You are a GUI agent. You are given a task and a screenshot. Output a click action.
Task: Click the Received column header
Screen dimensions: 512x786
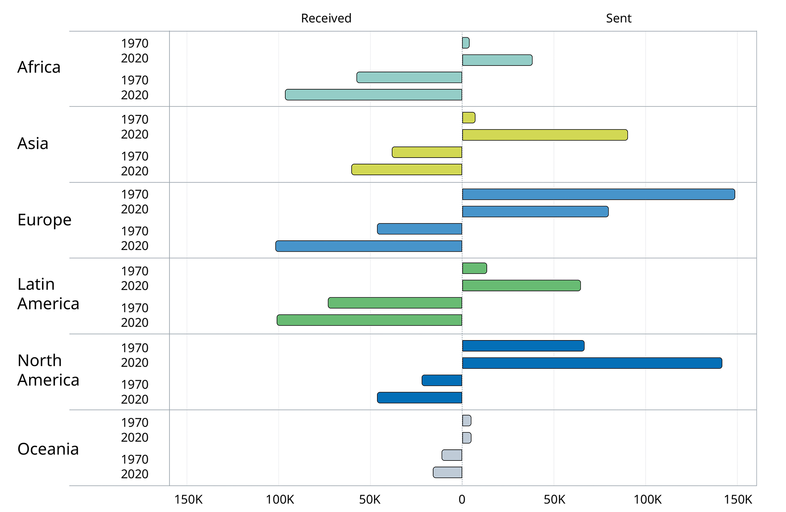click(326, 18)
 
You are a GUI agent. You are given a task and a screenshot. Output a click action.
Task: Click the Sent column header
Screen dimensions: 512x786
click(618, 18)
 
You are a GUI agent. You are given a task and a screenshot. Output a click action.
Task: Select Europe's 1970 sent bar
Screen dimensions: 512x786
click(598, 194)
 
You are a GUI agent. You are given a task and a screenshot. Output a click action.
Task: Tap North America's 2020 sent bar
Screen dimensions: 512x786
click(592, 363)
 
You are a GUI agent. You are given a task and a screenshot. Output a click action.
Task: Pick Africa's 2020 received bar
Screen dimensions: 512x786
click(373, 95)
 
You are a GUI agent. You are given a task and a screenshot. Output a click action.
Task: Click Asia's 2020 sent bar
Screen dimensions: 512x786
click(544, 135)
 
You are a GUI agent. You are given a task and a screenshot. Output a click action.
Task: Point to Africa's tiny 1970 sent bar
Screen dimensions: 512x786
click(466, 43)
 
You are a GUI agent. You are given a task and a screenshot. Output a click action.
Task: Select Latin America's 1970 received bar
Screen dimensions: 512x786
click(395, 303)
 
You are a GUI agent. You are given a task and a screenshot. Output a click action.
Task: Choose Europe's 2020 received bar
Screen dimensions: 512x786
click(368, 246)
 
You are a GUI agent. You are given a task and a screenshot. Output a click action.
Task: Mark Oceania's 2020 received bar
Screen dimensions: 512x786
click(447, 472)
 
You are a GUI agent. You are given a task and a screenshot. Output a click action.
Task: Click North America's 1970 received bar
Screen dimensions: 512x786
click(442, 380)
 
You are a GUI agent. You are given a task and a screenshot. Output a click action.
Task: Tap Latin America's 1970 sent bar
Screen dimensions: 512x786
click(474, 268)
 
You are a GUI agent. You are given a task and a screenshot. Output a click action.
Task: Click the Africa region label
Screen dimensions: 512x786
click(39, 67)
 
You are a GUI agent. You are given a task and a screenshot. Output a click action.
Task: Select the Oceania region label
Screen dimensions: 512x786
click(48, 449)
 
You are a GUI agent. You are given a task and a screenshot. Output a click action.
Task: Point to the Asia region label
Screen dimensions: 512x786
click(33, 144)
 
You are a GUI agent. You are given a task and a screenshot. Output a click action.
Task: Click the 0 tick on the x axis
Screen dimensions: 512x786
click(462, 499)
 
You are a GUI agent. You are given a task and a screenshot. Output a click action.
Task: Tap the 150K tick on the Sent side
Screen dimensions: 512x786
click(738, 499)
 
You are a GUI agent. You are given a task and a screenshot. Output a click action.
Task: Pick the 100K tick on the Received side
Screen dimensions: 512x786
click(280, 499)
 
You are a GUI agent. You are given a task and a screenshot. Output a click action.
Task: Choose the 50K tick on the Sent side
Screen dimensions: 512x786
click(554, 499)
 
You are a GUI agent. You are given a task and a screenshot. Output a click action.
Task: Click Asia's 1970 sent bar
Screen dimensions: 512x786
click(469, 118)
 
